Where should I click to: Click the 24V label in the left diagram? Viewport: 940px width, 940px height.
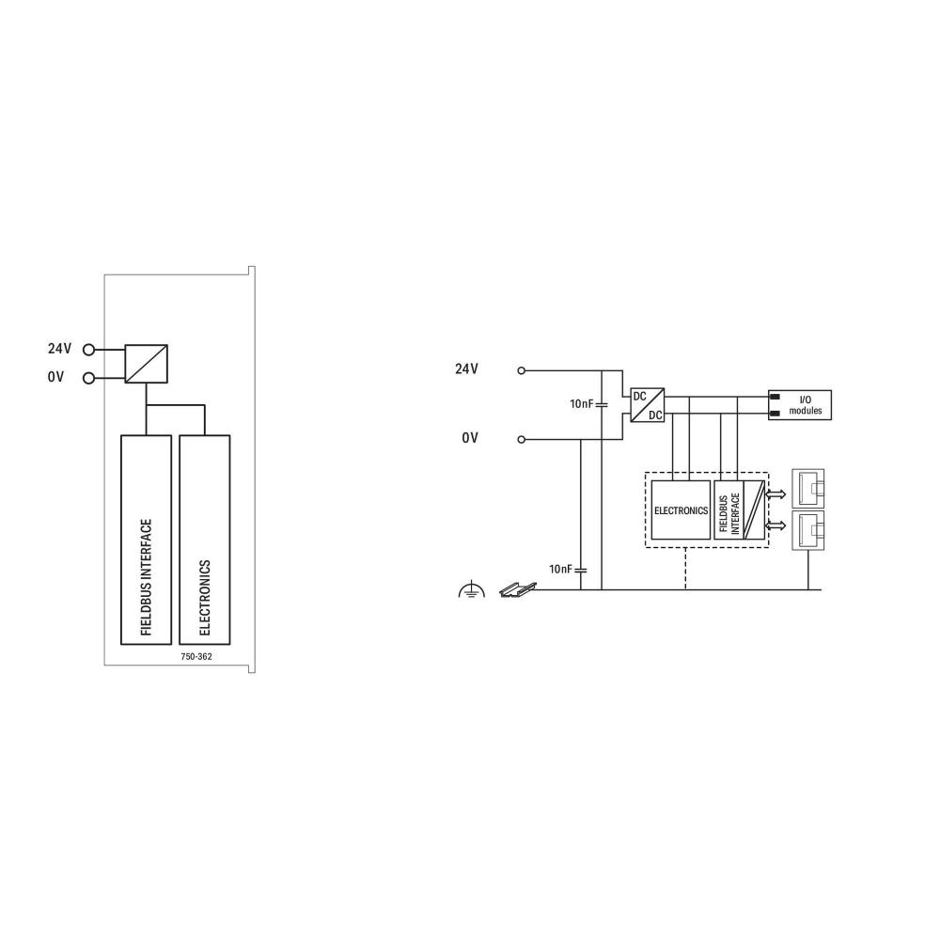59,349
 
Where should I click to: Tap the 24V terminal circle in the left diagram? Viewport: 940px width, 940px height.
89,350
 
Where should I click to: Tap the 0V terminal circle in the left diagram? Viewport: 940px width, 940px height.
89,379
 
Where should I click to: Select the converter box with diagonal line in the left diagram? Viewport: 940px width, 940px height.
147,363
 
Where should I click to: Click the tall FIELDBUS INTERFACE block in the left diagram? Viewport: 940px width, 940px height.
147,540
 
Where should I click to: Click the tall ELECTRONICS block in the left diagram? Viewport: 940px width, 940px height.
204,540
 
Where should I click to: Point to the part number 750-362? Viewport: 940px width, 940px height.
196,656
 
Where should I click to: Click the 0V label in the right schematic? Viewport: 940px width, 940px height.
470,439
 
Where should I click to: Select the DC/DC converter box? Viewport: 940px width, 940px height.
647,405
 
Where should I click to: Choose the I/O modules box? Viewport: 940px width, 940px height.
798,405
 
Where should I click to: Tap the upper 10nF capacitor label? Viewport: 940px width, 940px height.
582,403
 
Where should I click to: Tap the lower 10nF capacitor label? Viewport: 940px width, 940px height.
561,570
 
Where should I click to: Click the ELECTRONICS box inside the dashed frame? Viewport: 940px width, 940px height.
681,509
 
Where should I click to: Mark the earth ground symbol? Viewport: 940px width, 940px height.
470,589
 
